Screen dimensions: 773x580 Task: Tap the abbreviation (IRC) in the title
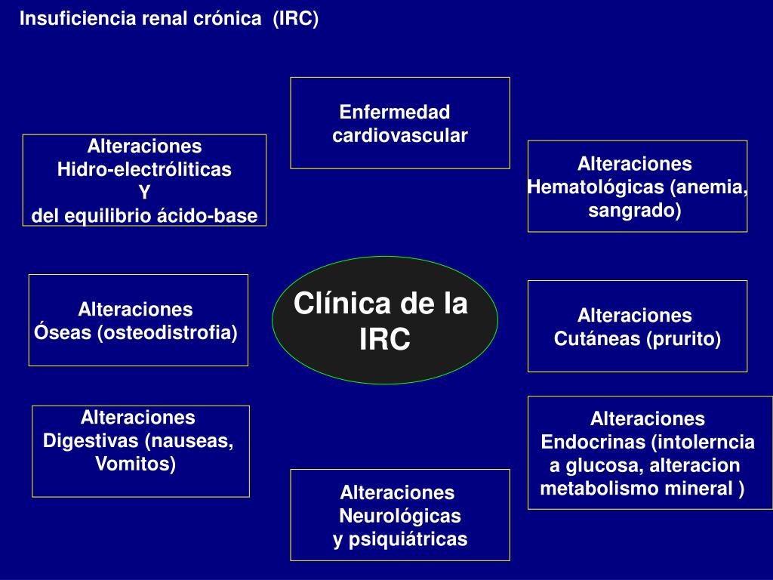coord(296,20)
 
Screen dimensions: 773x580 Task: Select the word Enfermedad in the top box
coord(395,113)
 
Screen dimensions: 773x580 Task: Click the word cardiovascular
coord(400,136)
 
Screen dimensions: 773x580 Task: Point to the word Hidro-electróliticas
coord(144,169)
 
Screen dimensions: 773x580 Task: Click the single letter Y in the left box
coord(144,193)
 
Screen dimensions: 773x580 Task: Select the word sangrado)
coord(634,211)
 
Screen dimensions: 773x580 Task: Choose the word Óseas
coord(63,333)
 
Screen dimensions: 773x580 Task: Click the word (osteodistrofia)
coord(167,333)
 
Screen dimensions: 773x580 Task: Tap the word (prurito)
coord(683,339)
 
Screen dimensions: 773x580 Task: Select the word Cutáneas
coord(597,339)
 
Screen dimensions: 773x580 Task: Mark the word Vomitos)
coord(135,464)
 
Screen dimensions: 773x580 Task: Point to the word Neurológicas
coord(400,517)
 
